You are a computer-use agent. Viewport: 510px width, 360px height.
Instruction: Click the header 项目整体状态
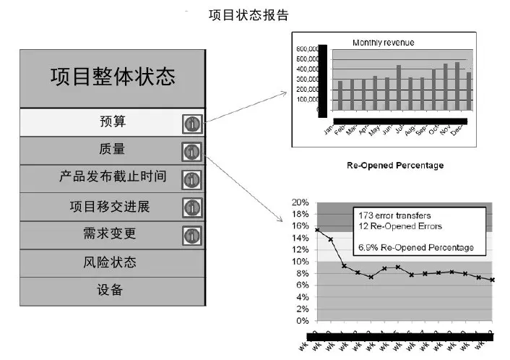(x=113, y=77)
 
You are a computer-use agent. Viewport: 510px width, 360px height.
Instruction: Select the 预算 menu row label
(x=112, y=121)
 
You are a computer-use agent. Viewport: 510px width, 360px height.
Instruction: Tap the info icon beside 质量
(x=191, y=152)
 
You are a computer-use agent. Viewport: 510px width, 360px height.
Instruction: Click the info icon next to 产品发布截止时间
(x=191, y=180)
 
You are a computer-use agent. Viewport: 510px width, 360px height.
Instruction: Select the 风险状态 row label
(x=112, y=262)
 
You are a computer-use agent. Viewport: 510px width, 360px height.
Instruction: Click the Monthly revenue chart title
(x=384, y=43)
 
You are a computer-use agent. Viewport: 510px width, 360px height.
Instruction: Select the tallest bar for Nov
(x=457, y=86)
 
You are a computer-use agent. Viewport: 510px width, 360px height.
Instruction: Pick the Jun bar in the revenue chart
(x=398, y=87)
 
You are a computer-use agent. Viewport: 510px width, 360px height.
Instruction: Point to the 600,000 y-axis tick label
(x=308, y=49)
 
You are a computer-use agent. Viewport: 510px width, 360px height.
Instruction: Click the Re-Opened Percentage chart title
(x=395, y=166)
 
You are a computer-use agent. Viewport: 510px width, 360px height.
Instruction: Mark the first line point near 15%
(x=318, y=230)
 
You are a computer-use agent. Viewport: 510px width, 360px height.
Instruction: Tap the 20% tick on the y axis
(x=301, y=202)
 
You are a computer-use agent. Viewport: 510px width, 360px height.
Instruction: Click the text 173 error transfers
(x=394, y=215)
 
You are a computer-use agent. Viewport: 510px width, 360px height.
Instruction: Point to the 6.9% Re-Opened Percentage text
(x=416, y=248)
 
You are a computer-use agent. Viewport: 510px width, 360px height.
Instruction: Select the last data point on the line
(x=493, y=280)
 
